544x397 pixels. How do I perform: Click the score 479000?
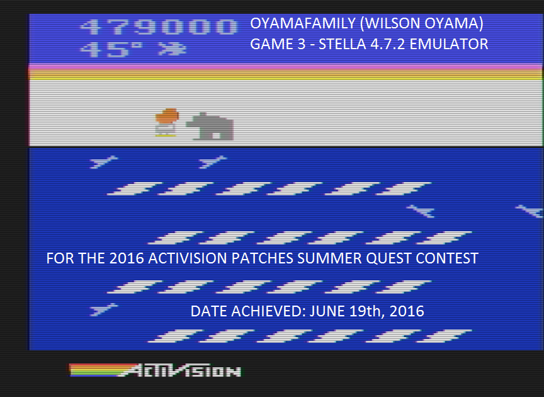[159, 27]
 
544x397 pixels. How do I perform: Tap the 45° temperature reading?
[111, 49]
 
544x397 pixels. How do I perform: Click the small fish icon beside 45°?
[173, 49]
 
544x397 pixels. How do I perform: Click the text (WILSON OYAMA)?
[421, 23]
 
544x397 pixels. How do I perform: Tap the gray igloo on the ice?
[210, 127]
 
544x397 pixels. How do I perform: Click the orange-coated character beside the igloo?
[167, 122]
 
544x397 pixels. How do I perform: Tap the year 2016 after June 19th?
[407, 311]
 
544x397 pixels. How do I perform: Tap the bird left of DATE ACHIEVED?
[103, 309]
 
